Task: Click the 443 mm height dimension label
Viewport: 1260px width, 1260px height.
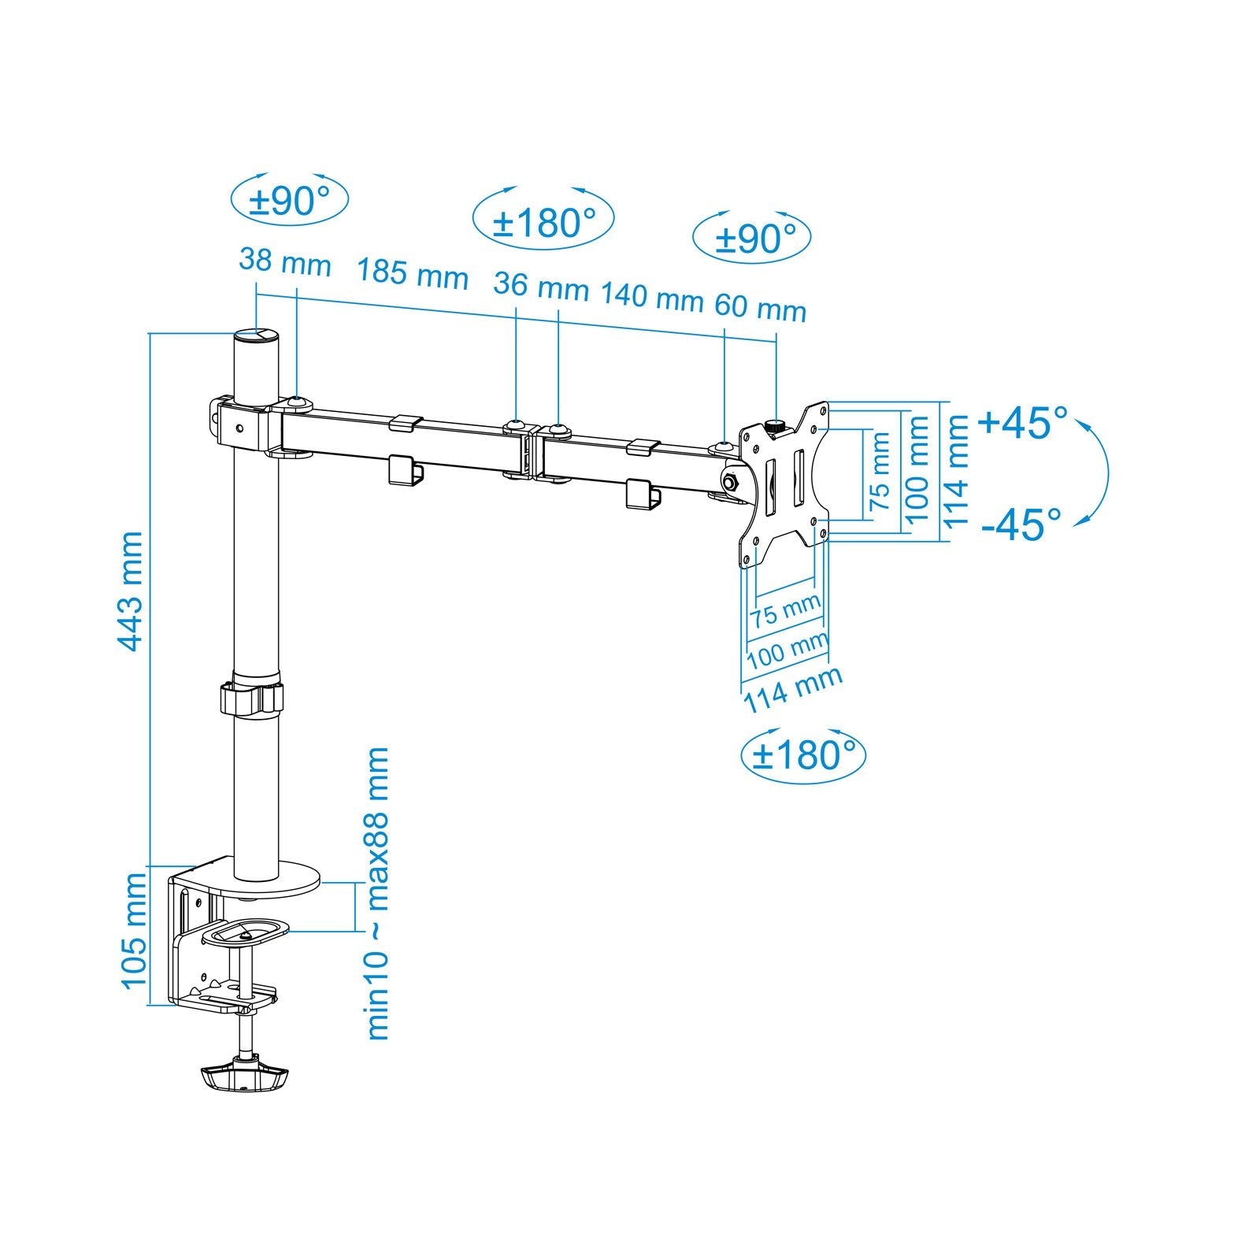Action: coord(131,591)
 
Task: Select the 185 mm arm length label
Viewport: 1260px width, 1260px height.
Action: coord(412,273)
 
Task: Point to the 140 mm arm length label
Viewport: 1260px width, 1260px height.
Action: coord(651,297)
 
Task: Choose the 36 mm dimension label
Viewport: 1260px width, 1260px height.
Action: coord(540,285)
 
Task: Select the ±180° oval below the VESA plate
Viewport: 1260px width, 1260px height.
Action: coord(803,754)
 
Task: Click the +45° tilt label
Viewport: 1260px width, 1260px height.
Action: coord(1023,423)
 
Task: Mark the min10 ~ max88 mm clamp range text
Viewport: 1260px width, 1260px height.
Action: coord(378,894)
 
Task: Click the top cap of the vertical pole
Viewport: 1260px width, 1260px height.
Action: coord(256,335)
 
